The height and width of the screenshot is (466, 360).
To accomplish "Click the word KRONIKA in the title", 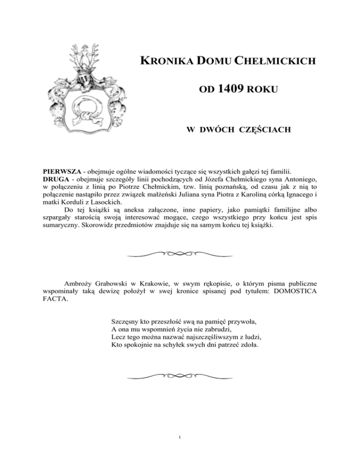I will point(163,61).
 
